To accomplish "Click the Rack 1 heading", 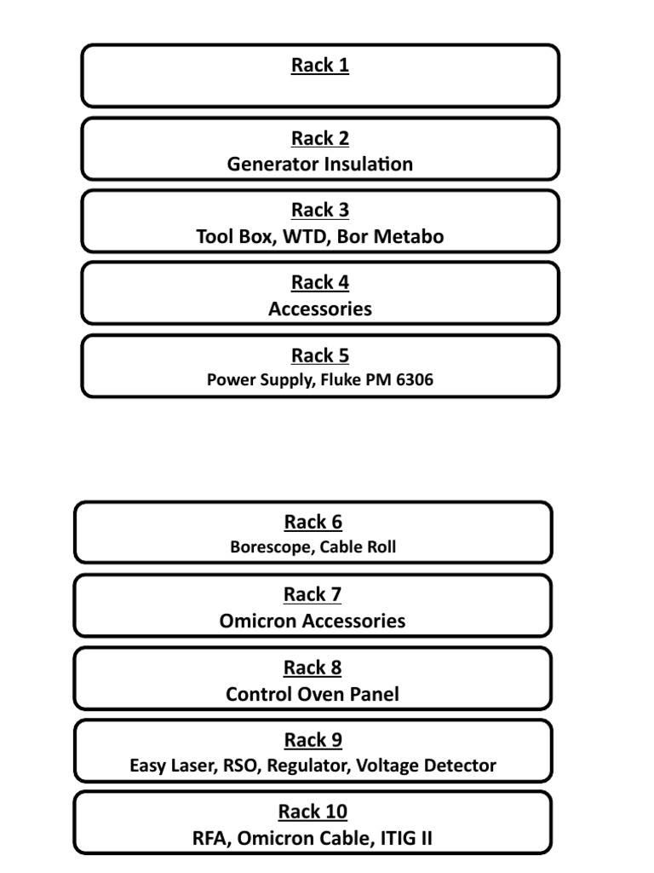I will [320, 66].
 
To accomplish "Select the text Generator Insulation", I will [320, 165].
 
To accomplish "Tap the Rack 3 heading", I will [320, 211].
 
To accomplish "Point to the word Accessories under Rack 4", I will [320, 309].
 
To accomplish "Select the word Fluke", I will [338, 380].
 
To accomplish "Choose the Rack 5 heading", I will [320, 356].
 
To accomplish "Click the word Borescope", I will [270, 547].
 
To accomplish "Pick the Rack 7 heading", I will [313, 595].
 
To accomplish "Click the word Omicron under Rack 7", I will [256, 622].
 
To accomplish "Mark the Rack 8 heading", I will [313, 668].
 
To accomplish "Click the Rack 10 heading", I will [313, 812].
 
